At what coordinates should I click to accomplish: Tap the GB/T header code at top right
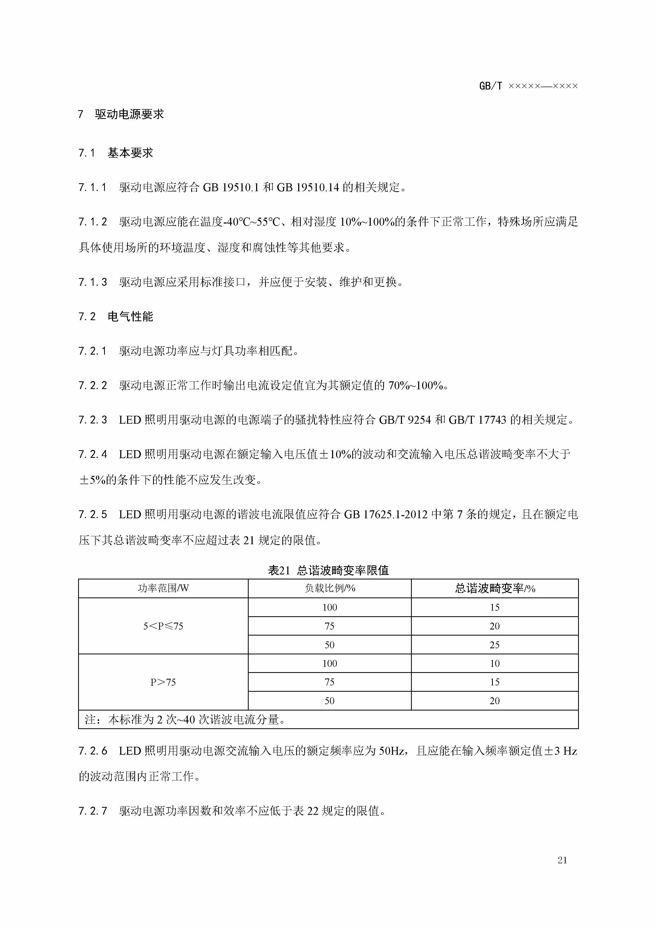click(x=528, y=86)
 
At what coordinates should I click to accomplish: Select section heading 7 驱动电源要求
click(x=121, y=114)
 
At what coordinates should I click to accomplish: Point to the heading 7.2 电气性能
click(x=116, y=316)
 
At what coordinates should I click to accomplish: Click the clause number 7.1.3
click(x=93, y=282)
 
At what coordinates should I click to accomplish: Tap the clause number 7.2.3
click(x=93, y=419)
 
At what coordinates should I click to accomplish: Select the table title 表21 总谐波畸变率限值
click(x=328, y=570)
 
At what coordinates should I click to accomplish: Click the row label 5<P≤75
click(x=163, y=626)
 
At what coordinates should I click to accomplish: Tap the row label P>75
click(x=163, y=682)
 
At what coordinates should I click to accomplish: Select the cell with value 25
click(x=495, y=645)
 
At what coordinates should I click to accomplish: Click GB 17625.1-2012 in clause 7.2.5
click(x=386, y=515)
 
